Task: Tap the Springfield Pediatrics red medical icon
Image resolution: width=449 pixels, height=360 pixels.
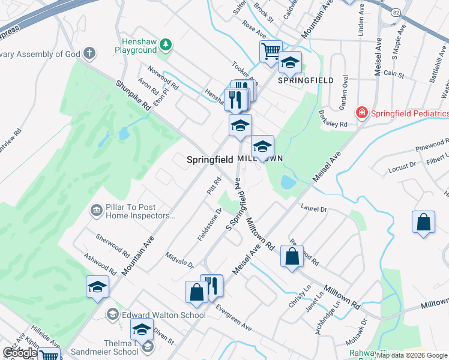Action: [362, 112]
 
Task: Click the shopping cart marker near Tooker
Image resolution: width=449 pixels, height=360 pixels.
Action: [271, 51]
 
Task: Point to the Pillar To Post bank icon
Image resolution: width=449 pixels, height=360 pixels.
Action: [96, 210]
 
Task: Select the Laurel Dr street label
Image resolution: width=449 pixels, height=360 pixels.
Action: [315, 209]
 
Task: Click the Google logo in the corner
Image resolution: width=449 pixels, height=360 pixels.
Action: [19, 353]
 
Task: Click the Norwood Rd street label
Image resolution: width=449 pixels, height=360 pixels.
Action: [163, 78]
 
